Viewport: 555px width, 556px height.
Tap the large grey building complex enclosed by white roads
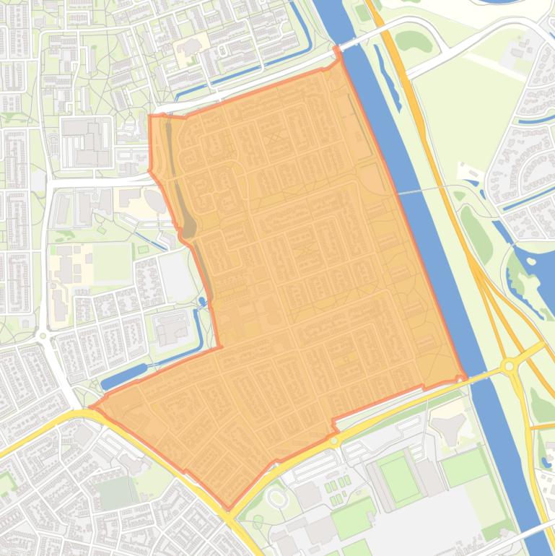(x=85, y=141)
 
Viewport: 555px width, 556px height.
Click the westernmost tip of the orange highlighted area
(x=92, y=409)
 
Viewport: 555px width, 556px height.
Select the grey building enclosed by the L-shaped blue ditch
(x=172, y=329)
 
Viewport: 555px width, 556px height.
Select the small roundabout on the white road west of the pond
(x=43, y=335)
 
